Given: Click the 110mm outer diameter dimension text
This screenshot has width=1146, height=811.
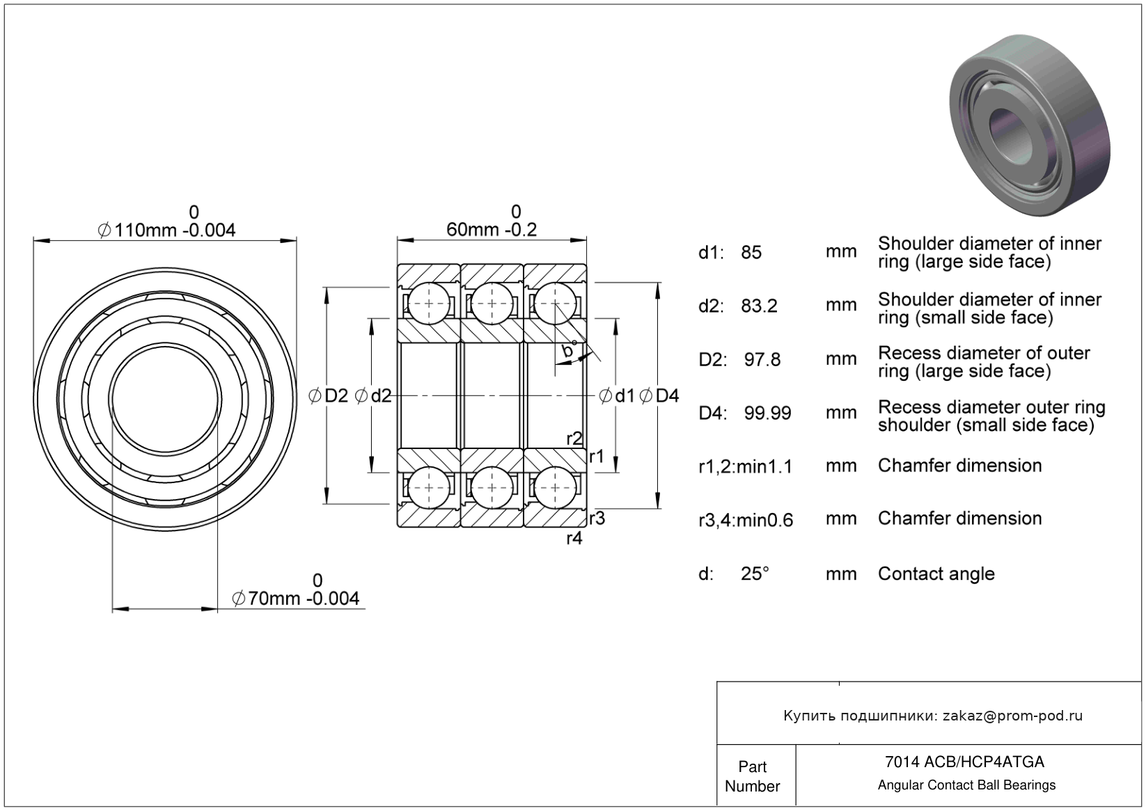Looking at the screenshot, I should (167, 230).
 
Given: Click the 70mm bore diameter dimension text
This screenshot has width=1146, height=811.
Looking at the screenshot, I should (296, 599).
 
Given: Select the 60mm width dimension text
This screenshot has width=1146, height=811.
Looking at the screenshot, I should (492, 230).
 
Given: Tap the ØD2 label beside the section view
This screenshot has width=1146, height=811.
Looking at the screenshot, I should (328, 396).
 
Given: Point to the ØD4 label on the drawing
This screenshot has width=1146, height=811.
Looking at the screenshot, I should (659, 396).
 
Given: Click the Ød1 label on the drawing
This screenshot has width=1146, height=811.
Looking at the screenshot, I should (617, 396).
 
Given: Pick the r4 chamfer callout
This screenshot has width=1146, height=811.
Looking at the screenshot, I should (574, 538).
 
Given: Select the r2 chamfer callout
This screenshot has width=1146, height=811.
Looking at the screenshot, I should (574, 439).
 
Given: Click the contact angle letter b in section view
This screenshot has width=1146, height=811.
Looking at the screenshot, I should (568, 352).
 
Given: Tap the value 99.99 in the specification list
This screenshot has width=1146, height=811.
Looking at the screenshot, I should (767, 414).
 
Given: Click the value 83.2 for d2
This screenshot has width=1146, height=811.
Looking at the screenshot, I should (759, 306).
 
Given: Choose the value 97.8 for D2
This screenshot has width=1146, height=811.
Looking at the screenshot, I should (762, 360).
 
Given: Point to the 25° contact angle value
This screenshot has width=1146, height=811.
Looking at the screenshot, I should (755, 574).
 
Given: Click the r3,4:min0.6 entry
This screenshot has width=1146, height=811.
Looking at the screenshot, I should (746, 521).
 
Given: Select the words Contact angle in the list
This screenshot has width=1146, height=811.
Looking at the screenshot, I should (936, 574).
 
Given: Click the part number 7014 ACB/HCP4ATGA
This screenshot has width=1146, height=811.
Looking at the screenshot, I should (964, 762).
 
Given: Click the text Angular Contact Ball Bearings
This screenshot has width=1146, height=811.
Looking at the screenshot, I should (966, 785).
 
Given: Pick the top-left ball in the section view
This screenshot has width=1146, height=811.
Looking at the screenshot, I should (429, 304).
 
